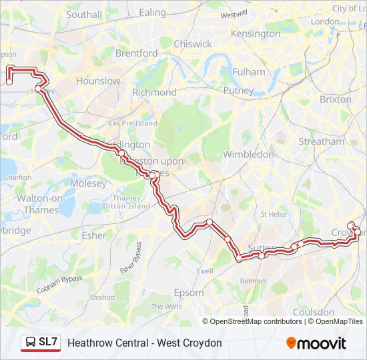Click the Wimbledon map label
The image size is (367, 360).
248,154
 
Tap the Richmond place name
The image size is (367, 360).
154,92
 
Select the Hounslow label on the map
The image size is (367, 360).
98,81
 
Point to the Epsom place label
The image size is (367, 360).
188,293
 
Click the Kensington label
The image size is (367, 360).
255,33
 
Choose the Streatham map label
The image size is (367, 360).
322,141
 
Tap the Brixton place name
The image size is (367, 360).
336,99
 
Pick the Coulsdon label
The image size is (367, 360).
314,312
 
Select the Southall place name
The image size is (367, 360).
84,14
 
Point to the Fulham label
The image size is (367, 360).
249,72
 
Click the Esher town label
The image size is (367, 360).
94,235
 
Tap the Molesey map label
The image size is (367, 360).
88,183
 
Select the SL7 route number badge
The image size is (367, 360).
48,342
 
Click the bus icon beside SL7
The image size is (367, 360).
31,343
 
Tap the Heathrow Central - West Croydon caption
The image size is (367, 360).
145,343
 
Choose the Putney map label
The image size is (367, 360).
238,90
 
